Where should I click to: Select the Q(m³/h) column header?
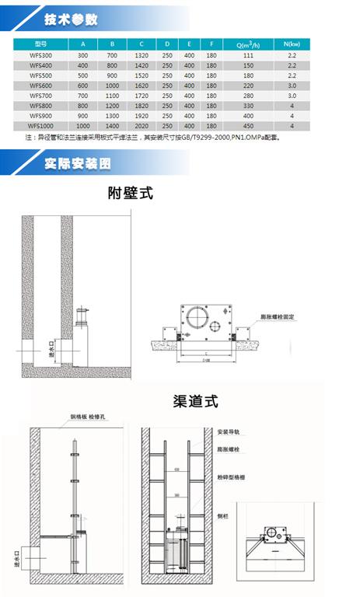pyautogui.click(x=249, y=44)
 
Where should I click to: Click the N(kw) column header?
pyautogui.click(x=291, y=44)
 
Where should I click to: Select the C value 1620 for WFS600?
pyautogui.click(x=142, y=85)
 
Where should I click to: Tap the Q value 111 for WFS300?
pyautogui.click(x=249, y=56)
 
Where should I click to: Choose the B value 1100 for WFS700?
pyautogui.click(x=113, y=95)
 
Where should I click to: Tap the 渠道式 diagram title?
pyautogui.click(x=194, y=402)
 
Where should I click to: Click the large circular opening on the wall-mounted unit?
pyautogui.click(x=193, y=316)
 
